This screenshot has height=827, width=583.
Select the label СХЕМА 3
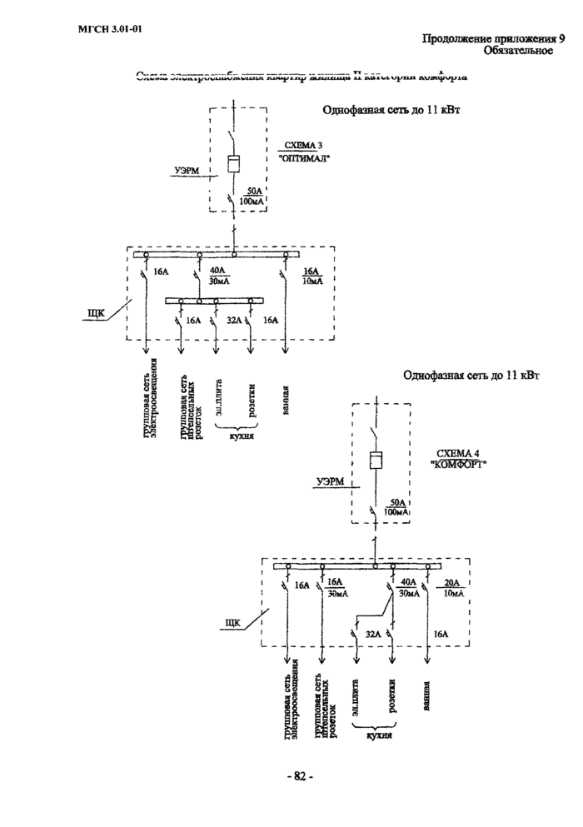(x=304, y=146)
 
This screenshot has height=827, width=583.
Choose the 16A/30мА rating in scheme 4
(x=337, y=588)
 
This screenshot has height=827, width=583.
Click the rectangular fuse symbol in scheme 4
(x=376, y=463)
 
